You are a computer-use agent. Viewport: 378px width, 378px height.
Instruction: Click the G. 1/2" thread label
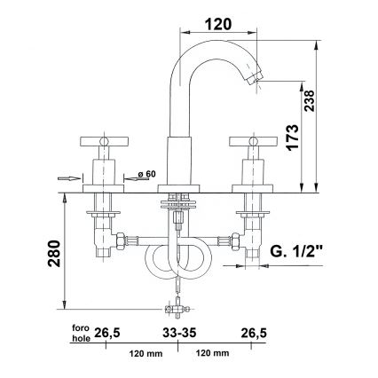tap(298, 253)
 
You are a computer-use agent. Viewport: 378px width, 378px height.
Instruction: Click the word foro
tap(84, 326)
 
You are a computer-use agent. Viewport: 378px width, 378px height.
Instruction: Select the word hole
tap(84, 337)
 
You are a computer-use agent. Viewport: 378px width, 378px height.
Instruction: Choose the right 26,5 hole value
tap(256, 332)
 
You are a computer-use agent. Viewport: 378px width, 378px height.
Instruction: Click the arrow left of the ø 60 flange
tap(67, 178)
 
